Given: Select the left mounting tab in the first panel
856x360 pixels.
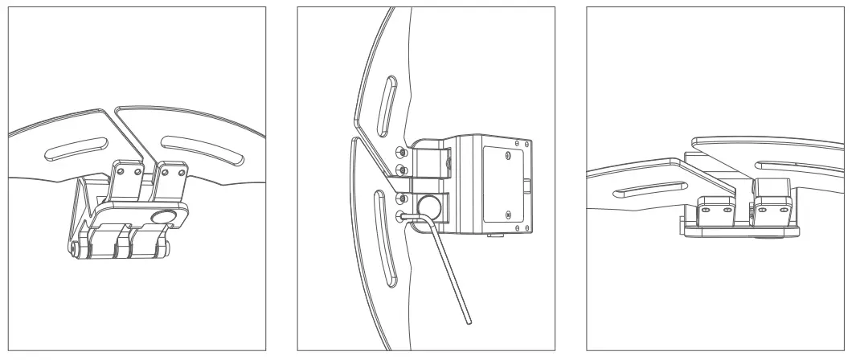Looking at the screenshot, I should [129, 181].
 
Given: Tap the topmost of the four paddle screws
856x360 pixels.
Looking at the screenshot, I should [400, 151].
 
